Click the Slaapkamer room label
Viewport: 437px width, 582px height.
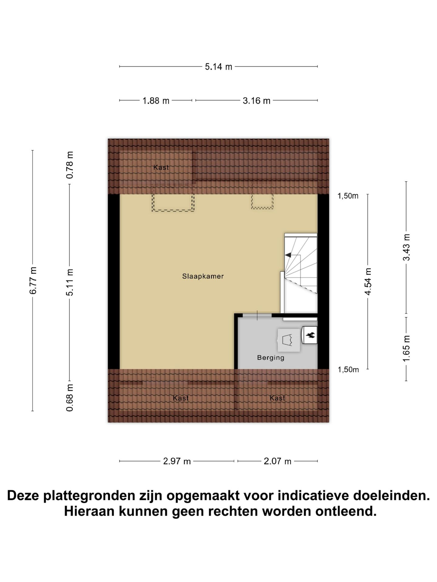point(203,276)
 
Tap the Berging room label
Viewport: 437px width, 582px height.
point(271,358)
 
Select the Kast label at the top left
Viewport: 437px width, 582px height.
point(161,167)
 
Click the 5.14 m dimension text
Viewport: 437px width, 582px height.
point(218,67)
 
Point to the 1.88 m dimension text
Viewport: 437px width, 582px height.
point(156,101)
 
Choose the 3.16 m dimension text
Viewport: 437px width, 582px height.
point(256,101)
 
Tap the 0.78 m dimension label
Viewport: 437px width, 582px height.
point(70,165)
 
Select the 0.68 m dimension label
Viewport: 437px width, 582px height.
point(70,397)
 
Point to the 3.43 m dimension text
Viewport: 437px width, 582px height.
point(406,247)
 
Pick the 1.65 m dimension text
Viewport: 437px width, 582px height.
point(406,349)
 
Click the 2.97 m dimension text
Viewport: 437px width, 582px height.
point(177,461)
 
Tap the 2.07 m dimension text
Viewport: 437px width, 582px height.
point(277,461)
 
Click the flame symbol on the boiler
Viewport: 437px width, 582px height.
point(311,335)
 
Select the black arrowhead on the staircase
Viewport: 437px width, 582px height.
point(288,255)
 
